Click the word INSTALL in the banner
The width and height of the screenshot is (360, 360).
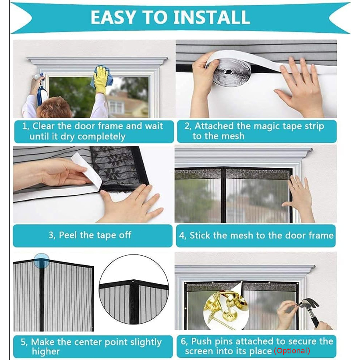(x=212, y=17)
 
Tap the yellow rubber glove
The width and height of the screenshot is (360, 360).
(x=101, y=79)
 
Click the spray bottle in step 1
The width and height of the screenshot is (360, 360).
(x=41, y=88)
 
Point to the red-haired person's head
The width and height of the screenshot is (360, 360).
(x=54, y=107)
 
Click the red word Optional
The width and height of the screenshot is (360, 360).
(x=292, y=351)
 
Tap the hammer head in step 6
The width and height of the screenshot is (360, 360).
(x=310, y=303)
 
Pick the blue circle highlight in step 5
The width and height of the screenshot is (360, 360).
(x=41, y=261)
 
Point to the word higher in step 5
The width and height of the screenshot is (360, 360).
(x=46, y=352)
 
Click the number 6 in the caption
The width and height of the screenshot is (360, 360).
(x=184, y=342)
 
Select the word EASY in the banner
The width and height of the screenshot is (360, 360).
(x=113, y=17)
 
